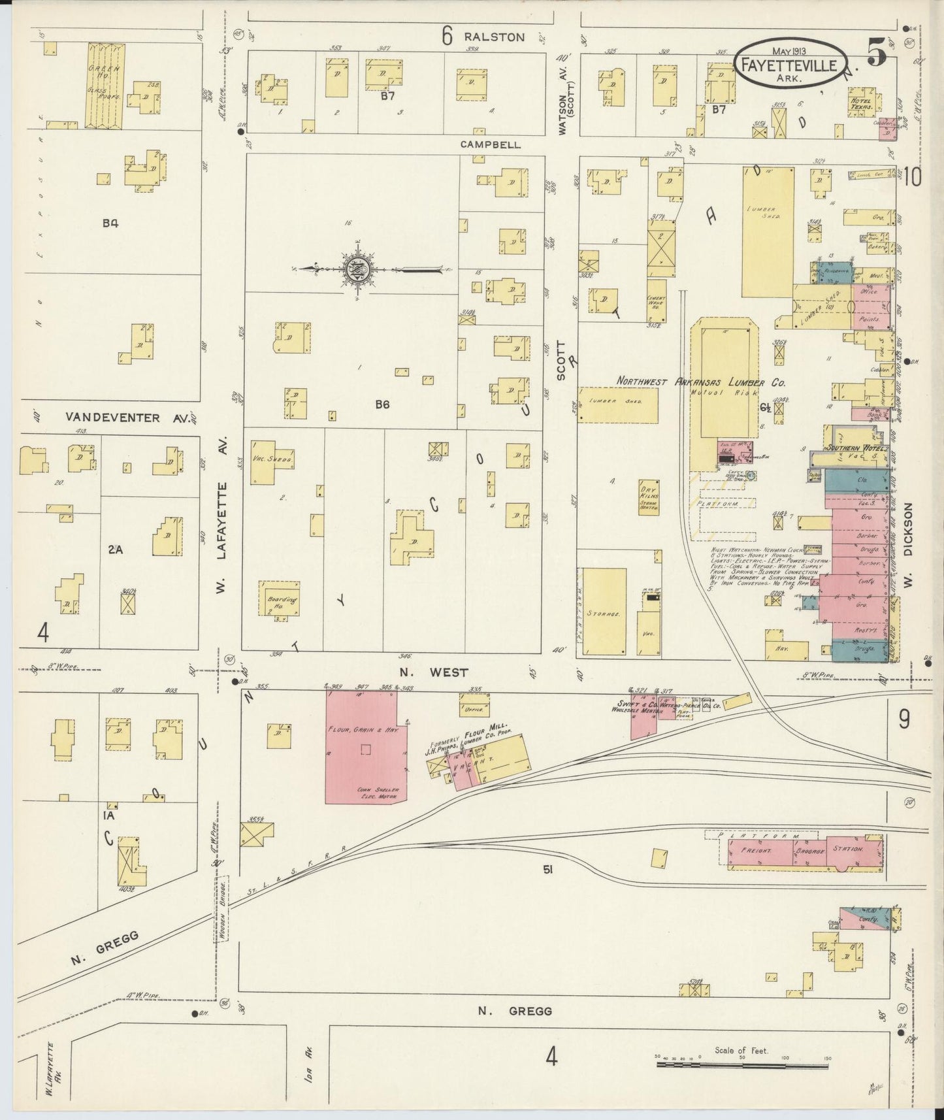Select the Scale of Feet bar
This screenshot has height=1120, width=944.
[742, 1064]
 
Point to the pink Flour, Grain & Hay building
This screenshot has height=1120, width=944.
[361, 747]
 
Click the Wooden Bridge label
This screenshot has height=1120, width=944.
[222, 918]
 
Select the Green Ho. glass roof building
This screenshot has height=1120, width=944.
[105, 85]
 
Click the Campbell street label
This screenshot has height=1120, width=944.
[491, 144]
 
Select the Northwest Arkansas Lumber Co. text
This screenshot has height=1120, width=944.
[702, 382]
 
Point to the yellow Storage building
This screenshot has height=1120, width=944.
[604, 612]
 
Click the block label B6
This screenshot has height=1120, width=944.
[382, 404]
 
